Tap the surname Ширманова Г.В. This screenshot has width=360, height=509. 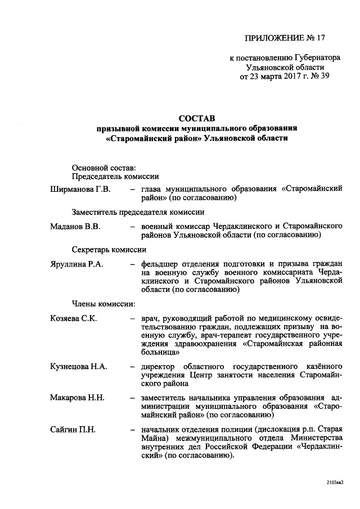[x=80, y=189]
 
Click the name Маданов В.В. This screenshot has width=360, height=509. [x=75, y=226]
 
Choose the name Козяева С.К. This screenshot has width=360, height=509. [x=74, y=319]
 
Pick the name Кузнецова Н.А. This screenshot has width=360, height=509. [x=79, y=366]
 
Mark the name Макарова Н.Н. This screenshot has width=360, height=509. [x=78, y=398]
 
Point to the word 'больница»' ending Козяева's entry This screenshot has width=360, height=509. [x=161, y=353]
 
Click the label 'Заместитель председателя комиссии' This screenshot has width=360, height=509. [x=138, y=212]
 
